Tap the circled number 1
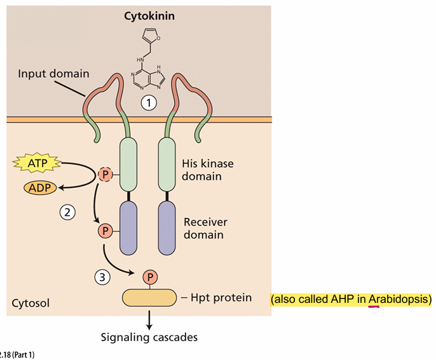click(x=147, y=102)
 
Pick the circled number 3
click(x=102, y=276)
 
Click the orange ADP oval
click(x=40, y=187)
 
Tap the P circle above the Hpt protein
click(x=150, y=277)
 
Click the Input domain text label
click(x=53, y=74)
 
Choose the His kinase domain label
click(x=207, y=170)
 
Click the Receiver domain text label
click(x=205, y=229)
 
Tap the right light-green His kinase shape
click(x=167, y=164)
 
